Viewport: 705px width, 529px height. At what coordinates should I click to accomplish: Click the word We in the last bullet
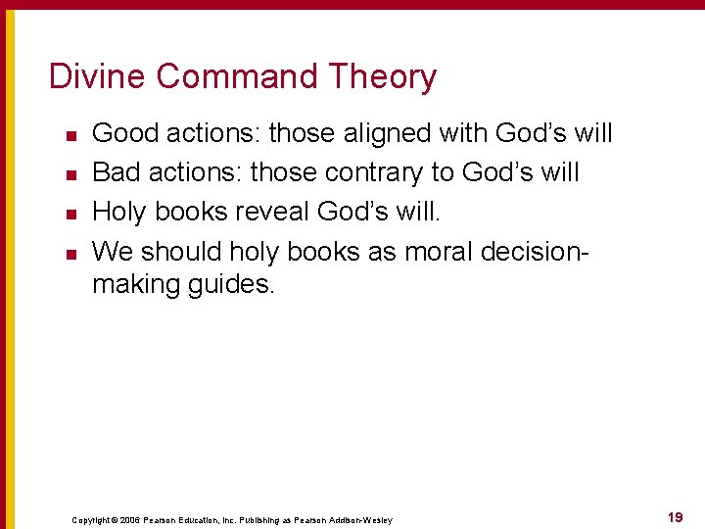tap(113, 252)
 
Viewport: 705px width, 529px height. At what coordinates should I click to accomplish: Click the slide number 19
tap(675, 517)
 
